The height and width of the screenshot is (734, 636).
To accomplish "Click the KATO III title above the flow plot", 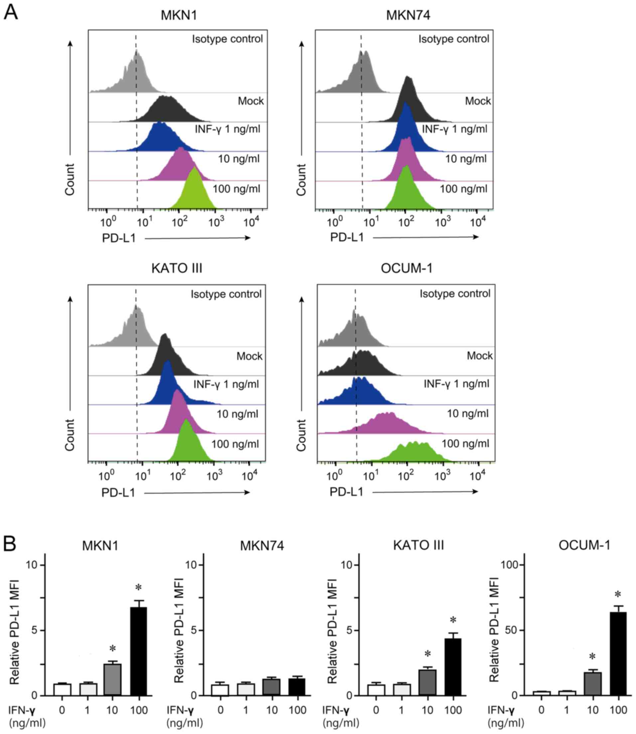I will click(177, 268).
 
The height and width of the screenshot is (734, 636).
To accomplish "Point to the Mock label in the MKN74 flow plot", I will click(478, 101).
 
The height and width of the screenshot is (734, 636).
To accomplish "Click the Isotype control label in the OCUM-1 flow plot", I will click(455, 294).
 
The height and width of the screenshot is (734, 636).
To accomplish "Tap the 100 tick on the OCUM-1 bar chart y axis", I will click(509, 565).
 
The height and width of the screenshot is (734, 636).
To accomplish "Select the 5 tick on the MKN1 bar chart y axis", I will click(34, 630).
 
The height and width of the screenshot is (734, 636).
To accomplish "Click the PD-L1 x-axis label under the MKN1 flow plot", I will click(119, 238).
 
